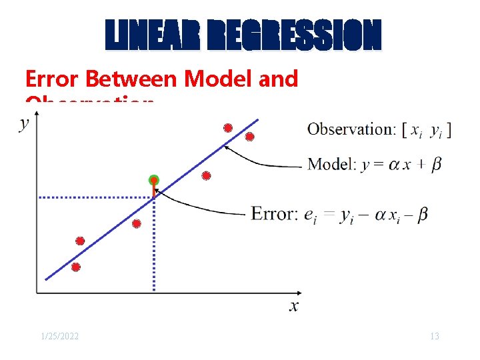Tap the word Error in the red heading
coord(53,79)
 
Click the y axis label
coord(25,123)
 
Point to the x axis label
coord(293,306)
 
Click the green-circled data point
coord(154,180)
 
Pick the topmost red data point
coord(228,127)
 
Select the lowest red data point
coord(75,267)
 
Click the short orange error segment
coord(154,190)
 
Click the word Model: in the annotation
coord(332,165)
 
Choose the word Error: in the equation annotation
coord(274,214)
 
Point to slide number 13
coord(434,336)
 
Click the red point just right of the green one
coord(206,175)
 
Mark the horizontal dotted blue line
coord(93,197)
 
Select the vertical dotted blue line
coord(154,247)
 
